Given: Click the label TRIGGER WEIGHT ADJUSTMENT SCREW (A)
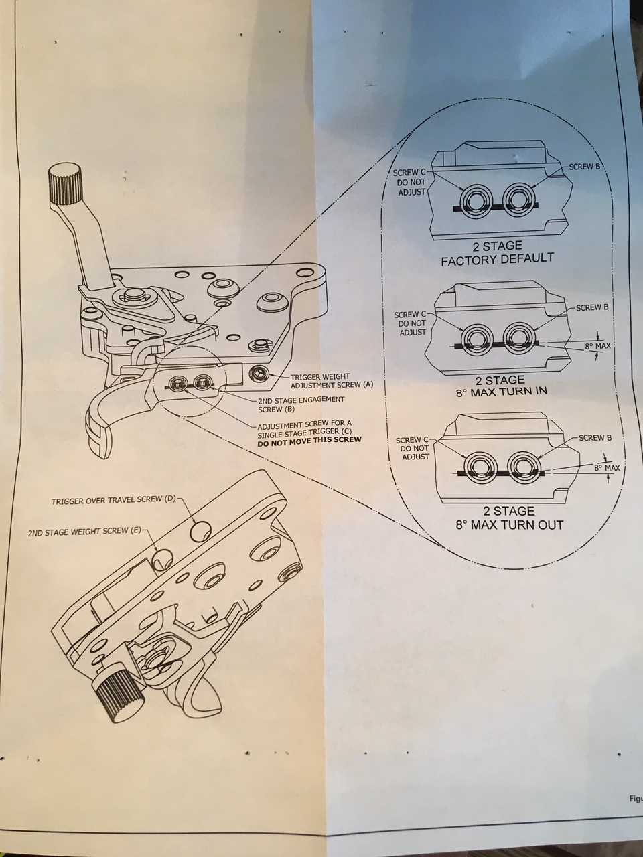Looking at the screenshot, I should coord(332,381).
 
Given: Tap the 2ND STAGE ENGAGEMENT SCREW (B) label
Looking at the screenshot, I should coord(301,404).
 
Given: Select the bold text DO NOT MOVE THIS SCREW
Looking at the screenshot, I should coord(309,440).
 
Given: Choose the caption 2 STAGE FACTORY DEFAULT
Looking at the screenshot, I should coord(497,253).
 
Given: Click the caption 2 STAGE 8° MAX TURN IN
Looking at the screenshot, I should coord(497,386).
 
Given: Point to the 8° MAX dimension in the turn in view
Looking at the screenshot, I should coord(597,345).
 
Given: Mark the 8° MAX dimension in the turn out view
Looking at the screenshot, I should coord(606,467).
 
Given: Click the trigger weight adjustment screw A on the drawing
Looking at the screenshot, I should coord(259,372).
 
